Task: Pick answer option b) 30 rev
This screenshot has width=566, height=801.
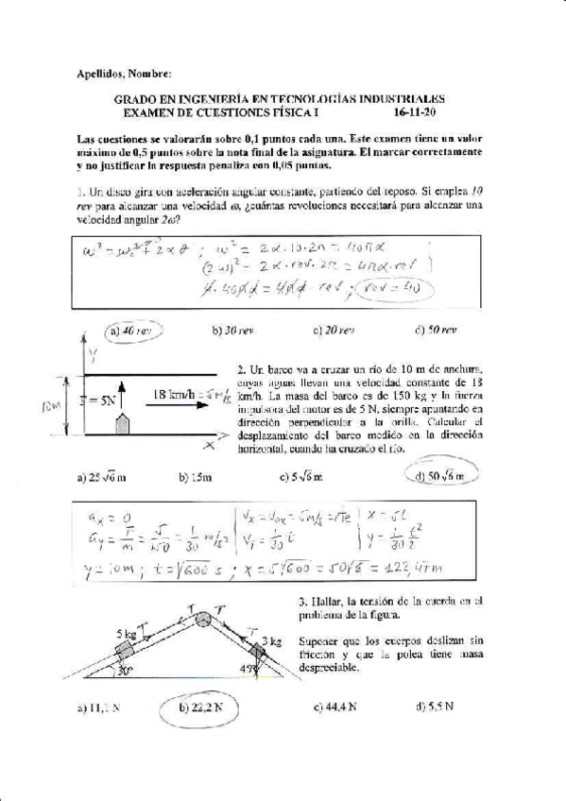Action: [232, 331]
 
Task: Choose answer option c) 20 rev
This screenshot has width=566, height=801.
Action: [333, 331]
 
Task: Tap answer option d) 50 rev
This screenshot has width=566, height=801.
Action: [435, 331]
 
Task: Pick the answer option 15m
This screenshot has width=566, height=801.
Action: [200, 478]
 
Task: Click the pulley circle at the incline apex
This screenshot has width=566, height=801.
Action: [203, 621]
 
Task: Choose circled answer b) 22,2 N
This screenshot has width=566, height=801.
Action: [204, 706]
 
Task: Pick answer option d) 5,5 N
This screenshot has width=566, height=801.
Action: [434, 706]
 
